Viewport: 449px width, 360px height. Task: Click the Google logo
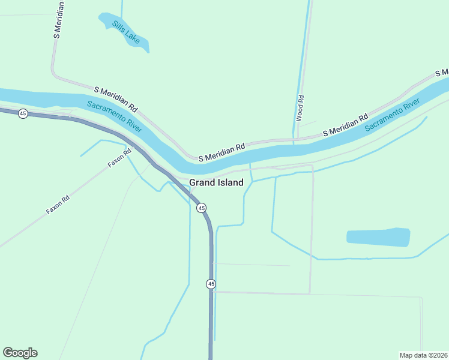coord(20,353)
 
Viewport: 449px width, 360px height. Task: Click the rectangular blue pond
coord(378,237)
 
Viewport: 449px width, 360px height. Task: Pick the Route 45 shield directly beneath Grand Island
coord(202,208)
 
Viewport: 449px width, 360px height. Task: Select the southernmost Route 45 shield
coord(211,283)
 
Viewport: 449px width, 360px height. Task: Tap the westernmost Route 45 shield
coord(23,113)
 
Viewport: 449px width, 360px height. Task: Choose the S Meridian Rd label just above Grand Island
coord(222,152)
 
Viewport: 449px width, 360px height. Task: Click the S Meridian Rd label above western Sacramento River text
coord(116,99)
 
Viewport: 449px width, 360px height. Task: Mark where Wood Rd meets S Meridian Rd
coord(294,139)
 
